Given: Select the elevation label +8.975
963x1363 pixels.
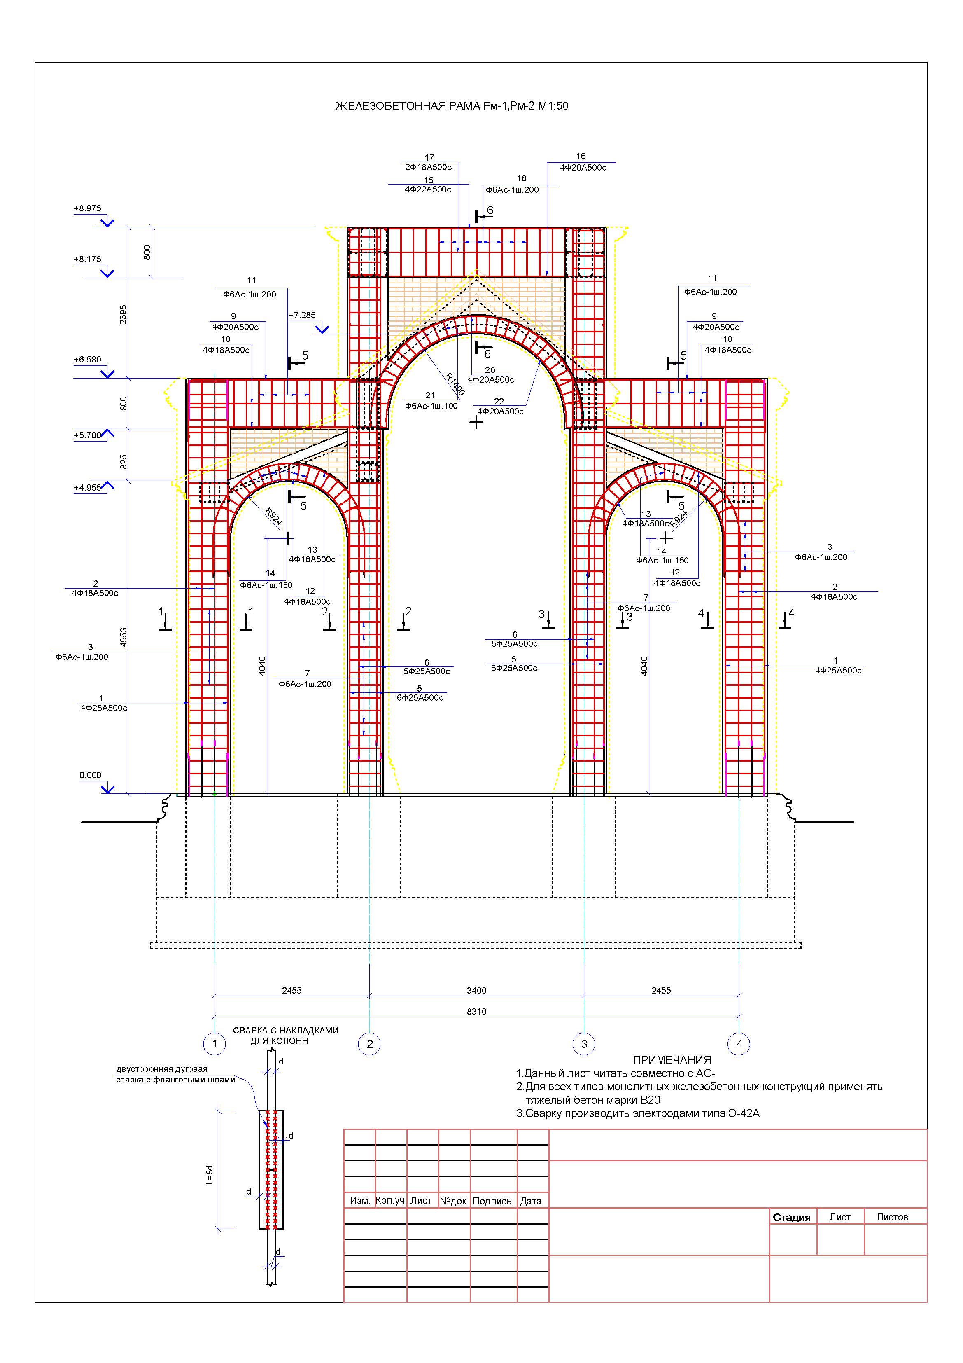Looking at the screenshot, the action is pos(87,208).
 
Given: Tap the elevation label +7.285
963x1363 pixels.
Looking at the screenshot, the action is pos(302,315).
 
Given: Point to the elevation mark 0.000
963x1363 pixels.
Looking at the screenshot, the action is pos(90,775).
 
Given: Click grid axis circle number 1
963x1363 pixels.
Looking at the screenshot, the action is pos(214,1044).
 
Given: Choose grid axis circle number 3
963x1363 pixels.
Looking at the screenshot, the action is pos(584,1044).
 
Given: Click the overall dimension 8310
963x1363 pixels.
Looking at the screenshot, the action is pos(476,1011).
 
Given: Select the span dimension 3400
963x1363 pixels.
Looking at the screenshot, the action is pos(476,990).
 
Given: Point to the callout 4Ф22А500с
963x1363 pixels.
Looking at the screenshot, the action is pos(428,189).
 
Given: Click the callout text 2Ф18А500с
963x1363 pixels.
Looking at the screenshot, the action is pos(429,167).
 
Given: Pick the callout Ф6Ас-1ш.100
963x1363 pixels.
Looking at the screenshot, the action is pos(431,406).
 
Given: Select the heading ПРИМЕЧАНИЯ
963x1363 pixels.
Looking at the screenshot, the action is pos(672,1060).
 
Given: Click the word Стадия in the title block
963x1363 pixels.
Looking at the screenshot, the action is pos(792,1217).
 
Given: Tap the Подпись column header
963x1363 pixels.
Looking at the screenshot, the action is pos(492,1201).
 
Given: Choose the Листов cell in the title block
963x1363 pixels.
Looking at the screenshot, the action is pos(893,1217).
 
